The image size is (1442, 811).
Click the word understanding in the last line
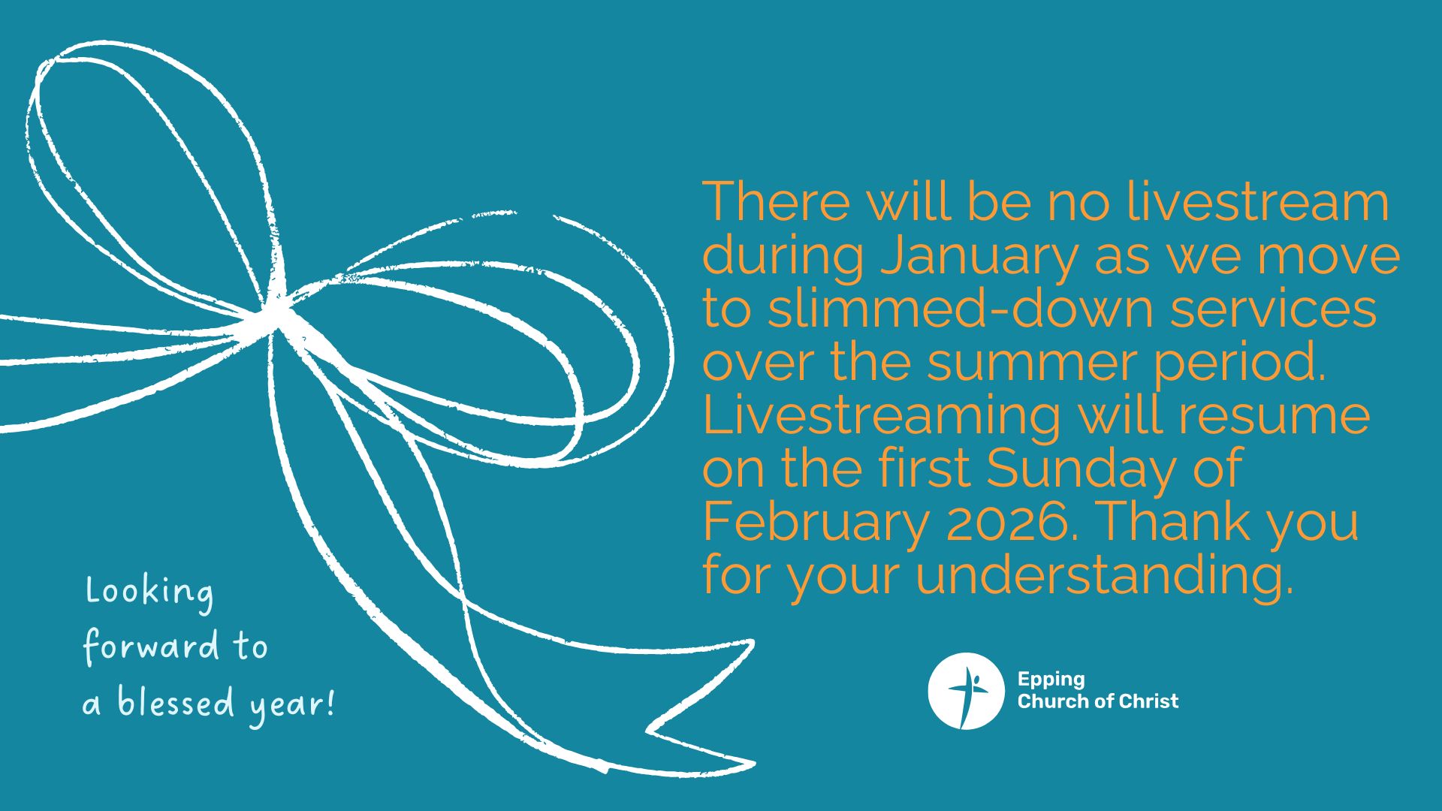coord(1105,577)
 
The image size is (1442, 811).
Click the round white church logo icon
coord(966,691)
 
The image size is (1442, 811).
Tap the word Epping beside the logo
coord(1051,680)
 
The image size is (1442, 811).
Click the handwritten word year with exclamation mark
coord(292,706)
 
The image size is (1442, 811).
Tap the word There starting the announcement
coord(777,202)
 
